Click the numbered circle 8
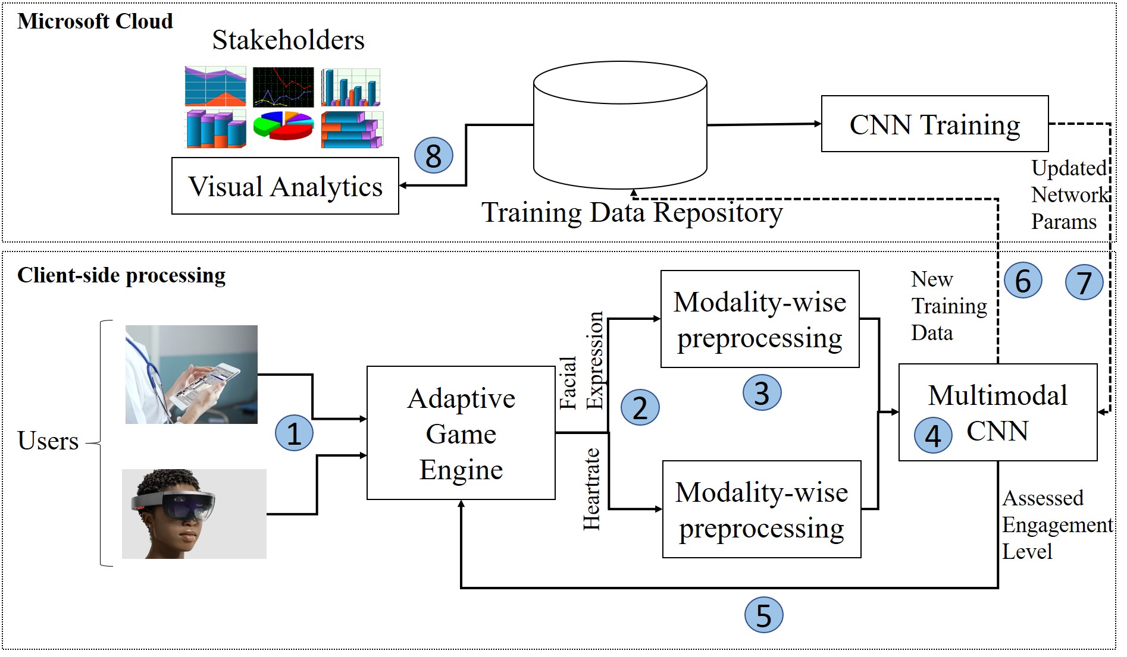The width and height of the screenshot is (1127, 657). pyautogui.click(x=433, y=156)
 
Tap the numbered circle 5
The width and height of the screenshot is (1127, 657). pyautogui.click(x=763, y=615)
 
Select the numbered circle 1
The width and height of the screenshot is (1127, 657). pyautogui.click(x=294, y=433)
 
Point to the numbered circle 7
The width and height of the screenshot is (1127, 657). pyautogui.click(x=1084, y=282)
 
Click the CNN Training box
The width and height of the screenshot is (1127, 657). pyautogui.click(x=934, y=124)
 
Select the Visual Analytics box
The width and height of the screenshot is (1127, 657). pyautogui.click(x=285, y=186)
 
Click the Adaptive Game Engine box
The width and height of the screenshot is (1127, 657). pyautogui.click(x=461, y=433)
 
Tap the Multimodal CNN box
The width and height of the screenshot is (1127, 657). pyautogui.click(x=997, y=412)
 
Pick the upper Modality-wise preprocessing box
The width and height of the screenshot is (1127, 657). pyautogui.click(x=760, y=319)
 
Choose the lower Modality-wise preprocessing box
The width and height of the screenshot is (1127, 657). pyautogui.click(x=761, y=510)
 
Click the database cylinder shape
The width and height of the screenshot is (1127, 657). pyautogui.click(x=620, y=125)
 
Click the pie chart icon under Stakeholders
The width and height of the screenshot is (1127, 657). pyautogui.click(x=283, y=125)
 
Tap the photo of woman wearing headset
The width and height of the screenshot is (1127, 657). pyautogui.click(x=194, y=514)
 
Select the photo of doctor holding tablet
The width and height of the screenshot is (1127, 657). pyautogui.click(x=191, y=374)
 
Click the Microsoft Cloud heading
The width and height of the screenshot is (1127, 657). pyautogui.click(x=95, y=21)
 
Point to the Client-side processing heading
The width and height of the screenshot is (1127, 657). pyautogui.click(x=121, y=275)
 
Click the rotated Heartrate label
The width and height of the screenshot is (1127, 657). pyautogui.click(x=591, y=489)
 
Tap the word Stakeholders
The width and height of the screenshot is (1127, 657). pyautogui.click(x=288, y=40)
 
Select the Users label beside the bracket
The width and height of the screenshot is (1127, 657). pyautogui.click(x=48, y=441)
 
